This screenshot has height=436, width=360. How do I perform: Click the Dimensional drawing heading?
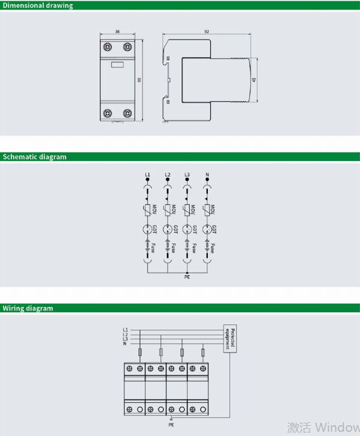pyautogui.click(x=38, y=5)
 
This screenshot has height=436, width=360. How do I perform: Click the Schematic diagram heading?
pyautogui.click(x=35, y=157)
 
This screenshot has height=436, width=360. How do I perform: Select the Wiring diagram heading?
pyautogui.click(x=28, y=308)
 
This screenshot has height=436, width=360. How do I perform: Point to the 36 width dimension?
pyautogui.click(x=117, y=32)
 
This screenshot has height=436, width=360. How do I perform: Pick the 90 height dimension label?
pyautogui.click(x=139, y=79)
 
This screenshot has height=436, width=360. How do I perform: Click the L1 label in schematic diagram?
pyautogui.click(x=147, y=175)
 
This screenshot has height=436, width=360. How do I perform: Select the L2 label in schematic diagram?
pyautogui.click(x=168, y=175)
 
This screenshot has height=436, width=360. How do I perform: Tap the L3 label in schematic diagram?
pyautogui.click(x=188, y=175)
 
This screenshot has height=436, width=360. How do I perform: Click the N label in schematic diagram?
pyautogui.click(x=207, y=175)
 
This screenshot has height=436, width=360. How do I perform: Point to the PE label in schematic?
pyautogui.click(x=187, y=277)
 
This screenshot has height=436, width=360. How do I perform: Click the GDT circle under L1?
pyautogui.click(x=147, y=229)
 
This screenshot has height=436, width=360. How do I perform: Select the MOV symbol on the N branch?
pyautogui.click(x=207, y=210)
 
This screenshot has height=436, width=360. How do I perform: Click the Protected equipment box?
pyautogui.click(x=231, y=339)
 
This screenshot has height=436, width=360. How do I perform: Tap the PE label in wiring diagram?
pyautogui.click(x=171, y=423)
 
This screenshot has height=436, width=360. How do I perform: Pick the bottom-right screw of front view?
pyautogui.click(x=127, y=112)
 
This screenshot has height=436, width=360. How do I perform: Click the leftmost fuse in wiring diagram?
pyautogui.click(x=141, y=353)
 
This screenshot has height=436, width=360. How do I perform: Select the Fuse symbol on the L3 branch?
pyautogui.click(x=188, y=246)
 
